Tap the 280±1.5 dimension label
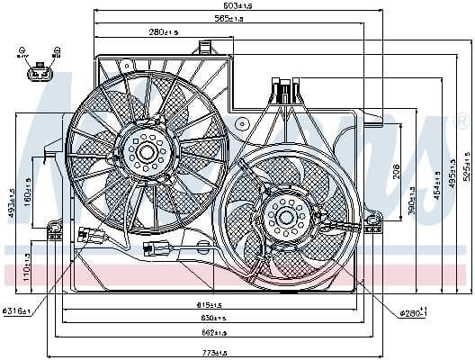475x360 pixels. [x=166, y=32]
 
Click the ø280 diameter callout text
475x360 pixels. [x=412, y=311]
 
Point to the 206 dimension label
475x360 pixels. [x=397, y=171]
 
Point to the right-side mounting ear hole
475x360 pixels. [x=371, y=218]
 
